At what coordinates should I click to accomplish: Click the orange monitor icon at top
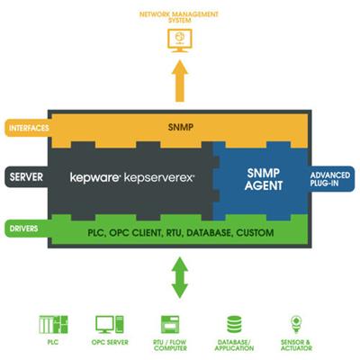coord(180,40)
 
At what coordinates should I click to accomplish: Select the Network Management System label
coord(179,17)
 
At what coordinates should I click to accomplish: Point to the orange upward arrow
coord(180,81)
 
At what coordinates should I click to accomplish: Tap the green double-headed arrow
coord(180,277)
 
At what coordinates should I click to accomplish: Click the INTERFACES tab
coord(28,128)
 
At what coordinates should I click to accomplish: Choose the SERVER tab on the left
coord(26,177)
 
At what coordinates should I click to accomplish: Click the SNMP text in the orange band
coord(181,127)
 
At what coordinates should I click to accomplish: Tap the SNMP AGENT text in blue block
coord(264,179)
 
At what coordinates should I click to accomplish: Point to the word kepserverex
coord(159,177)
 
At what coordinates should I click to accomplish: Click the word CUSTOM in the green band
coord(255,233)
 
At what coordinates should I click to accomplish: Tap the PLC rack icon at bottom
coord(53,325)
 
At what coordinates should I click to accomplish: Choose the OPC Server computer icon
coord(110,324)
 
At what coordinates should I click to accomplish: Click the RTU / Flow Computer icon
coord(170,324)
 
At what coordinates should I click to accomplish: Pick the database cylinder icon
coord(234,324)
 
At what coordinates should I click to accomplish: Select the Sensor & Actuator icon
coord(296,324)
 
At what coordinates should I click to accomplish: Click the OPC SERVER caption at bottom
coord(110,342)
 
